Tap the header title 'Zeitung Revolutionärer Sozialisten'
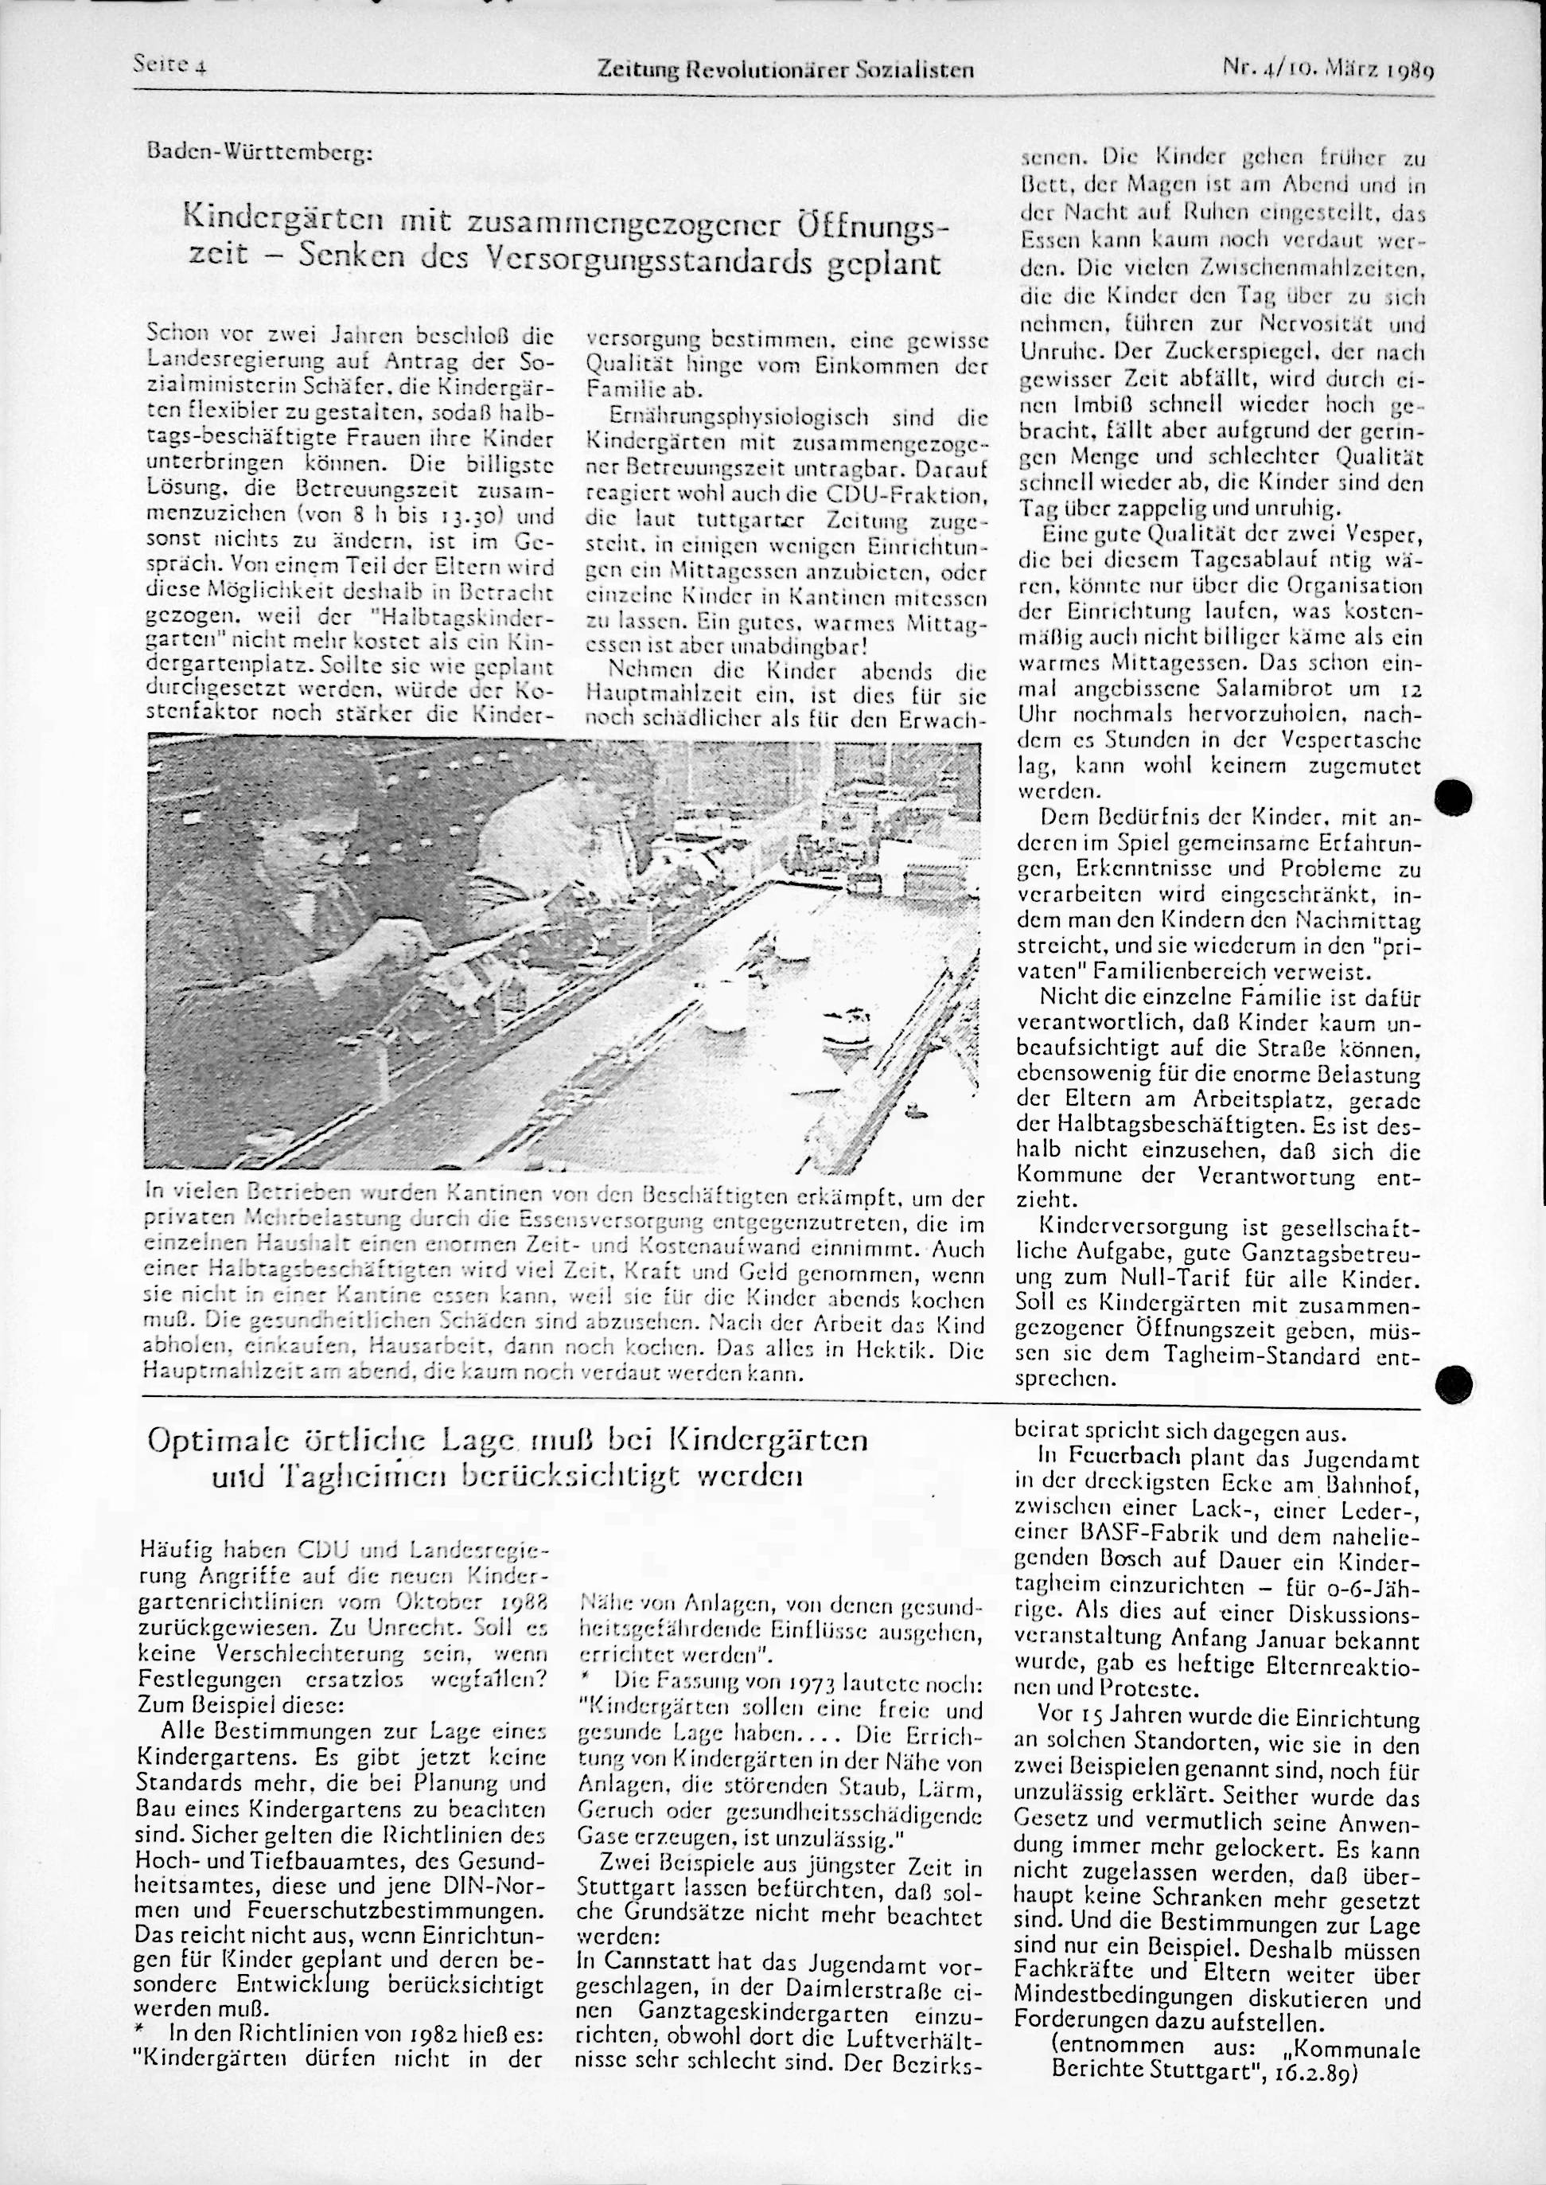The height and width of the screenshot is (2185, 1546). [x=785, y=68]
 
